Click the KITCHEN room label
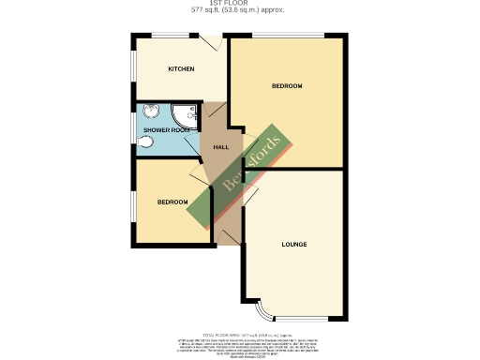(181, 69)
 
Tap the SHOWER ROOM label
(168, 130)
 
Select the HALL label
(221, 147)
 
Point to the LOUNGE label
(294, 244)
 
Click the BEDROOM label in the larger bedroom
(287, 86)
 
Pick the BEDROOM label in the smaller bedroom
(172, 202)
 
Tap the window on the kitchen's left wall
(133, 70)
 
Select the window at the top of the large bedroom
(287, 37)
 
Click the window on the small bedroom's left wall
(133, 203)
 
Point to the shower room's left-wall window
(133, 131)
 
